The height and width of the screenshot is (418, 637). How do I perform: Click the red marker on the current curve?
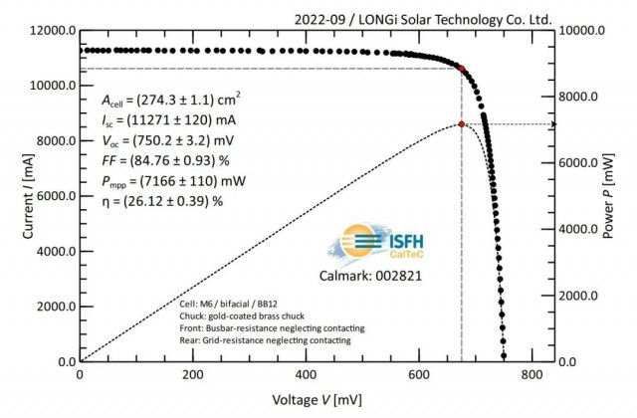(462, 68)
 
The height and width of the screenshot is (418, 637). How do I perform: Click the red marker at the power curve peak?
(462, 124)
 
